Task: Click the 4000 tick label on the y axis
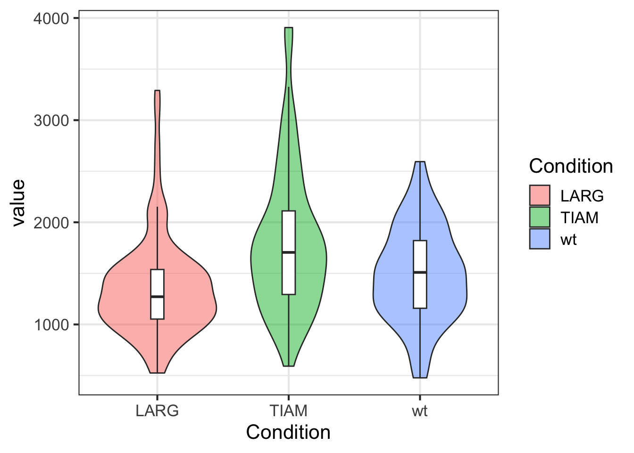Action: tap(51, 18)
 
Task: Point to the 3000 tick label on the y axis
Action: tap(51, 120)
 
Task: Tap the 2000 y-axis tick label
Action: tap(51, 222)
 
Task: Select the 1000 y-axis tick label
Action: tap(51, 325)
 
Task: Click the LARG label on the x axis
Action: tap(157, 411)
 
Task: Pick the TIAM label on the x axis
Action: tap(289, 411)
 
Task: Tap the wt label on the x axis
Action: tap(419, 411)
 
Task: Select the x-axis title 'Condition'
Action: tap(288, 432)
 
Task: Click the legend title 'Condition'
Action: tap(571, 166)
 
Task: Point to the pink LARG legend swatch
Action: tap(540, 195)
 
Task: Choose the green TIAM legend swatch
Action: tap(540, 218)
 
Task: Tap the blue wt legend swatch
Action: tap(540, 239)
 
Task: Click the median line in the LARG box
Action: tap(157, 296)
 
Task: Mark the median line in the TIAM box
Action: tap(289, 252)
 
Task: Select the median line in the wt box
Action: tap(420, 272)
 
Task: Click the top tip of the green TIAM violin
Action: tap(289, 28)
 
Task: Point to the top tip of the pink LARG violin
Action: tap(157, 91)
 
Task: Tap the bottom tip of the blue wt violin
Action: tap(420, 377)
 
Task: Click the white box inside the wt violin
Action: tap(420, 293)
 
